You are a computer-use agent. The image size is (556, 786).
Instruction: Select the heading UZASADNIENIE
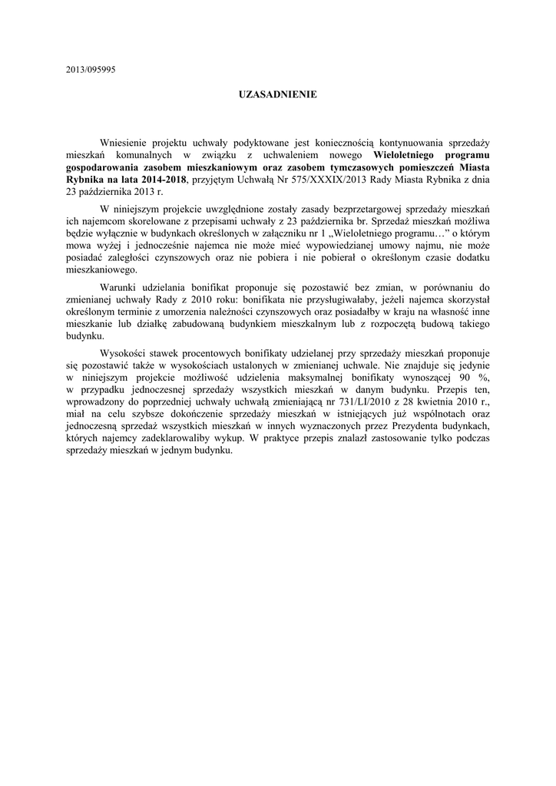pyautogui.click(x=277, y=94)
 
